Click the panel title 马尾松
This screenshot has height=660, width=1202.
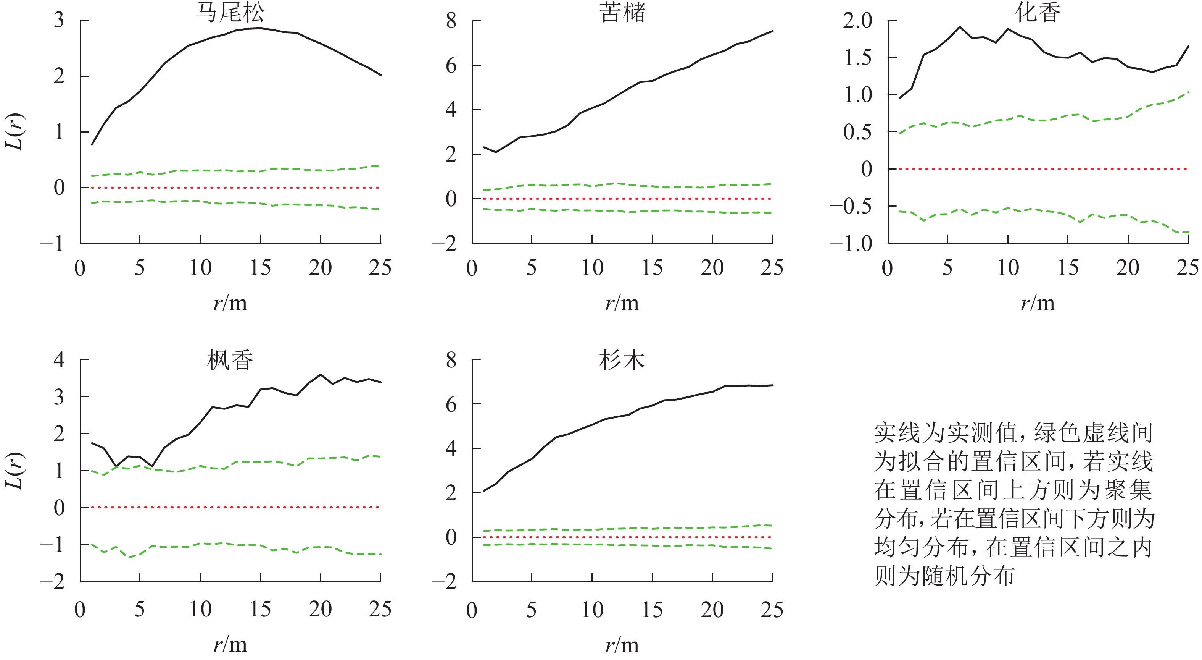(230, 13)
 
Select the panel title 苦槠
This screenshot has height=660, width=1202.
(622, 13)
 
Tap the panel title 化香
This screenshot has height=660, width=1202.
(1038, 13)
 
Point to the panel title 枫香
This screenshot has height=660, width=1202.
(230, 361)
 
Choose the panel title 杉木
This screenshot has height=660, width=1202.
(622, 361)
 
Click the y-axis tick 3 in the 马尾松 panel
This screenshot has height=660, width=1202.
(59, 21)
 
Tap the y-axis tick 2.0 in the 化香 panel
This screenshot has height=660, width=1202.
(858, 21)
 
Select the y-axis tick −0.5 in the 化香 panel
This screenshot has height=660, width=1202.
(851, 206)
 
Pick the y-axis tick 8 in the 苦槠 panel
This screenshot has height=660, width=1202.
(451, 21)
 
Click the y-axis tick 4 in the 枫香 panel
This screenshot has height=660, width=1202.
(59, 360)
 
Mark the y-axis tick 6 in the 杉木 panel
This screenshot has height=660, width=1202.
(451, 404)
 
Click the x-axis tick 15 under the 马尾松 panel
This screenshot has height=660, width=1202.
(260, 268)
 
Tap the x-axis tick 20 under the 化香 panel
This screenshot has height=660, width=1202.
(1128, 268)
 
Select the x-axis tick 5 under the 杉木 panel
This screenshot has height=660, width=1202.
(532, 610)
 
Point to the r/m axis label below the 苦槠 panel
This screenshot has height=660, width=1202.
(622, 304)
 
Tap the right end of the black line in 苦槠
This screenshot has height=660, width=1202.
(772, 31)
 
